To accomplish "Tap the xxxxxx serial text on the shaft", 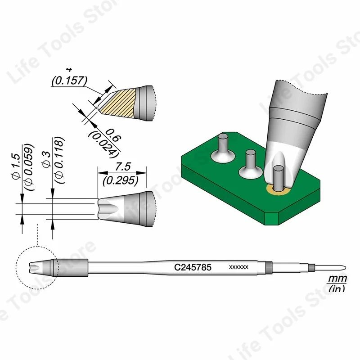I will pyautogui.click(x=239, y=267).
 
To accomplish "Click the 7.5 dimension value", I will pyautogui.click(x=122, y=166).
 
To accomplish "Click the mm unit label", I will pyautogui.click(x=336, y=279).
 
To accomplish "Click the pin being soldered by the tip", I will pyautogui.click(x=278, y=178).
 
